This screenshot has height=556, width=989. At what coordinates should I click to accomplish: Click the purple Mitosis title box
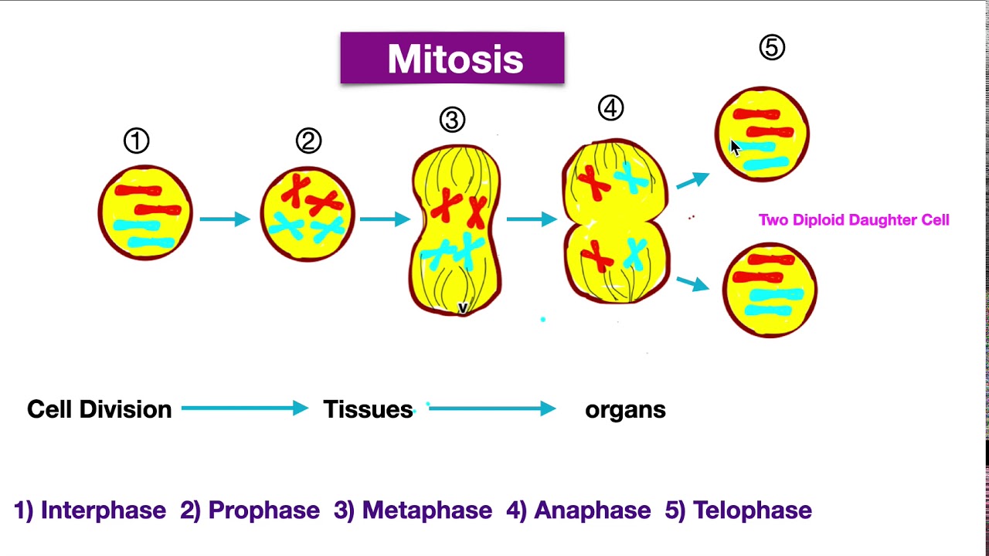pos(452,58)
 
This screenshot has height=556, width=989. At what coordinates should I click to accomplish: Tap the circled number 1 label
pos(136,141)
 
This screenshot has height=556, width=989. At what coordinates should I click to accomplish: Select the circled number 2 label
pos(308,141)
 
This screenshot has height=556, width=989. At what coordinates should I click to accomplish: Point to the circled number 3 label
pos(452,120)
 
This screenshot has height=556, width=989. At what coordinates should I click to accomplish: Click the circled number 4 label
pos(610,109)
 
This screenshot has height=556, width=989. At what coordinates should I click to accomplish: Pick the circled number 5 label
pos(772,48)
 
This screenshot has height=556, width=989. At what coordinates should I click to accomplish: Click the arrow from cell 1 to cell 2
pos(225,219)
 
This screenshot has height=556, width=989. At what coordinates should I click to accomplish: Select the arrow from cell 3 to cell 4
pos(532,219)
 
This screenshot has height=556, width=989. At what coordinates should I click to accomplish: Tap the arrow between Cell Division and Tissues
pos(245,409)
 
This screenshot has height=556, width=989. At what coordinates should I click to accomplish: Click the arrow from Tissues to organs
pos(492,409)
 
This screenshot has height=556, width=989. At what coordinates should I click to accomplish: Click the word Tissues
pos(368,409)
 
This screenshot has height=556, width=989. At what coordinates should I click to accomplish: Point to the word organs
pos(625,410)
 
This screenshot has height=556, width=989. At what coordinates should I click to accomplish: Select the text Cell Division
pos(100,409)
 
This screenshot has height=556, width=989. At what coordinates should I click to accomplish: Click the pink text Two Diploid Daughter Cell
pos(854,220)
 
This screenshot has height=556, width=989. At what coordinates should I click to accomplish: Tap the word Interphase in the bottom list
pos(103,510)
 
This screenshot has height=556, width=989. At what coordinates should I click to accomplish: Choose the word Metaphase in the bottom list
pos(427,510)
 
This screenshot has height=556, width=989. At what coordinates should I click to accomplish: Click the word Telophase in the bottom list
pos(752,510)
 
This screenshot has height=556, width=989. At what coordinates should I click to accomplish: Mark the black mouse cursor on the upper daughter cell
pos(735,148)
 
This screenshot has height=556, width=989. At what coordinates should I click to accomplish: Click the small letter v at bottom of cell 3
pos(463,308)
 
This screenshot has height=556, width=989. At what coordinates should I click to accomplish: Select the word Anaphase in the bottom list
pos(592,510)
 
